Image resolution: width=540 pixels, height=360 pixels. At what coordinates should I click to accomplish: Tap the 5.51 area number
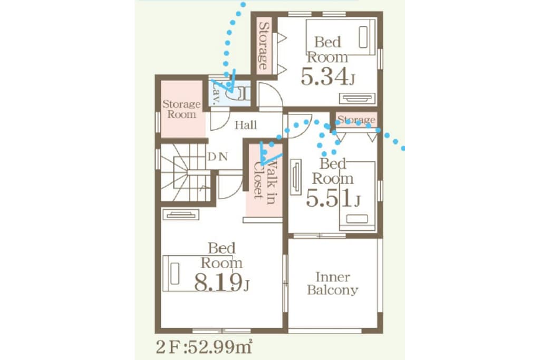[x=333, y=199]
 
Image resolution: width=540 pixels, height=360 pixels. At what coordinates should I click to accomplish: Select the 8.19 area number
[x=222, y=282]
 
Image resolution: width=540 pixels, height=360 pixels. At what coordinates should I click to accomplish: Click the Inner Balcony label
[x=333, y=284]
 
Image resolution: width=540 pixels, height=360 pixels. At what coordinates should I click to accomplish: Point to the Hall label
[x=246, y=125]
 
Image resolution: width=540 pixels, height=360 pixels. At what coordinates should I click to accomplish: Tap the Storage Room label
[x=181, y=109]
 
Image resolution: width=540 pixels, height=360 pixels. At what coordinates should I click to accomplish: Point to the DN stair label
[x=218, y=157]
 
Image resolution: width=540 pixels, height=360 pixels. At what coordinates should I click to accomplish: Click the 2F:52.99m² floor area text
[x=204, y=347]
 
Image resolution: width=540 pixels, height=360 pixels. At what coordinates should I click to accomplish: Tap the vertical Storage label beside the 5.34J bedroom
[x=263, y=45]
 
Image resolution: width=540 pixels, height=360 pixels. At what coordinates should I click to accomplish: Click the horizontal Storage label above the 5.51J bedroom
[x=356, y=120]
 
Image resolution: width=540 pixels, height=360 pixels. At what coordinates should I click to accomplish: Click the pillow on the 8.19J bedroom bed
[x=175, y=274]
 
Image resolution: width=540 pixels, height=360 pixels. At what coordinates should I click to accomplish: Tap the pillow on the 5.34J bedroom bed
[x=363, y=37]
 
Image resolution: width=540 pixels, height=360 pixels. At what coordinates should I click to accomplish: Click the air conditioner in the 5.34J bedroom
[x=357, y=99]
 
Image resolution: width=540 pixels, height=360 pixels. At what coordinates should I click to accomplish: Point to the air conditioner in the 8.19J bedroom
[x=181, y=215]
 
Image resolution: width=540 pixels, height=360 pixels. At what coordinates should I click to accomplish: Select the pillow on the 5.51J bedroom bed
[x=357, y=219]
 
